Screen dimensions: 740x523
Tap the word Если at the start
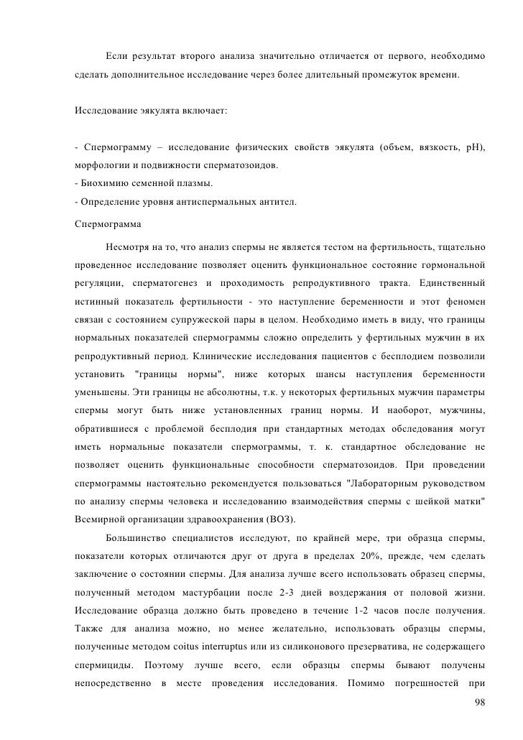pyautogui.click(x=116, y=56)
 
